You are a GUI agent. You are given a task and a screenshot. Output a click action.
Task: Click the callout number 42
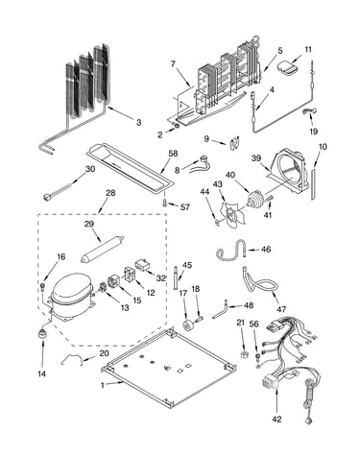pyautogui.click(x=276, y=419)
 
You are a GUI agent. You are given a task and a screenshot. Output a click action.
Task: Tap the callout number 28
pyautogui.click(x=110, y=193)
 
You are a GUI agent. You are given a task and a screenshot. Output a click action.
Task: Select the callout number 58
pyautogui.click(x=174, y=154)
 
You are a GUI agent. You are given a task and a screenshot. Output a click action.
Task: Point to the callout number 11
pyautogui.click(x=308, y=50)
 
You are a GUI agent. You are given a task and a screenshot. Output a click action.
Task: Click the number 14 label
pyautogui.click(x=42, y=373)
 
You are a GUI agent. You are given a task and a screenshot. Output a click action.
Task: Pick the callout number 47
pyautogui.click(x=281, y=309)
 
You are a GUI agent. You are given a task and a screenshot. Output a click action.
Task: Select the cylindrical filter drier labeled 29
pyautogui.click(x=102, y=250)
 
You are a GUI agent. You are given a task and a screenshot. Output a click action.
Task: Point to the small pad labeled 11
pyautogui.click(x=287, y=68)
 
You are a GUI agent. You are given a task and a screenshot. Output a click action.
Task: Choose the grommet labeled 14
pyautogui.click(x=41, y=334)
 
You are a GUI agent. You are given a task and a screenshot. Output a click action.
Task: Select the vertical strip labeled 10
pyautogui.click(x=313, y=184)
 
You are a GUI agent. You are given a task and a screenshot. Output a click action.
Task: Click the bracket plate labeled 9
pyautogui.click(x=236, y=143)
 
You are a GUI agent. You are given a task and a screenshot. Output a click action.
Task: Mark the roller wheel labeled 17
pyautogui.click(x=187, y=324)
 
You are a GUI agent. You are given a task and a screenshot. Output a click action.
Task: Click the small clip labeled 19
pyautogui.click(x=310, y=110)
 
